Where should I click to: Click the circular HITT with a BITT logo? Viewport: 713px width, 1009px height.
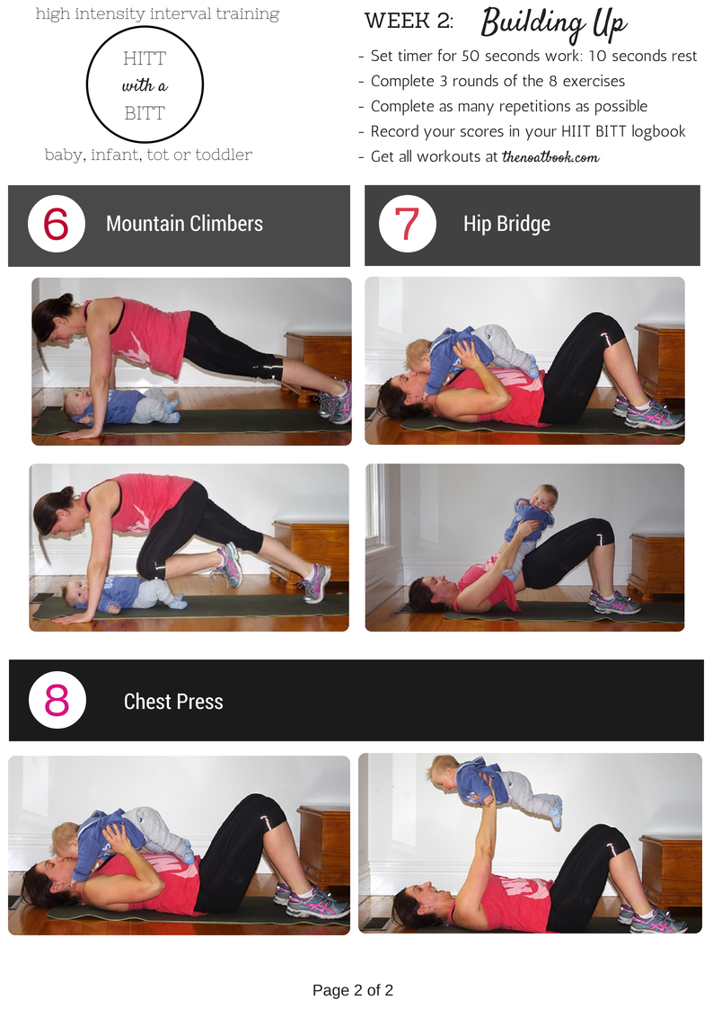[x=145, y=84]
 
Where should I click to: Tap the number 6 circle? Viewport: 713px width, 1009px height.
[x=57, y=224]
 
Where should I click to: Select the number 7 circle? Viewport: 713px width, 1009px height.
[x=408, y=224]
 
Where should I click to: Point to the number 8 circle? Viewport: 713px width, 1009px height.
[x=57, y=700]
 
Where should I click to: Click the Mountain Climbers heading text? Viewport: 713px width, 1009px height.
[x=184, y=224]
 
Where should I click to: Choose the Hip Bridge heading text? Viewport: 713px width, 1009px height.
[x=506, y=224]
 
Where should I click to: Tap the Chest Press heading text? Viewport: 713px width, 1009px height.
[x=173, y=702]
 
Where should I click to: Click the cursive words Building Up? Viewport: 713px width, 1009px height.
[x=553, y=23]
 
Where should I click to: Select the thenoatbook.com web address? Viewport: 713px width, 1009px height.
[x=550, y=157]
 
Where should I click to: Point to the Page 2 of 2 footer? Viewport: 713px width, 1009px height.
[x=353, y=990]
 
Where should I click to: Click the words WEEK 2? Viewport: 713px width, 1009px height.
[x=409, y=22]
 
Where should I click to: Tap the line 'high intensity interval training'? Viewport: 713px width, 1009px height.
[x=157, y=14]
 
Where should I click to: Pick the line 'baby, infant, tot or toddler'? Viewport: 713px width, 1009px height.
[x=148, y=155]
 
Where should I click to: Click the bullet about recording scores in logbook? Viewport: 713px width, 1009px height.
[x=522, y=132]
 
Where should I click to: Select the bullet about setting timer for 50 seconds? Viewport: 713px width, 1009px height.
[x=527, y=56]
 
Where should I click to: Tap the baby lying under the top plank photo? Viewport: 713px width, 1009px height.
[x=122, y=407]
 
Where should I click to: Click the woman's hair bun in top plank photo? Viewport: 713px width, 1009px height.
[x=66, y=298]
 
